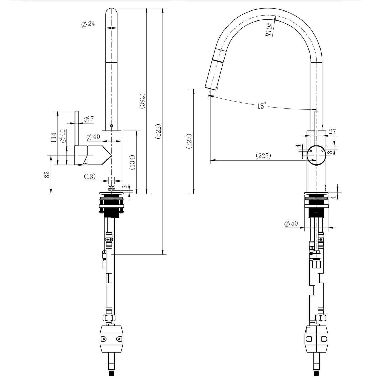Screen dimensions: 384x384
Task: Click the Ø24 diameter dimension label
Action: pos(88,24)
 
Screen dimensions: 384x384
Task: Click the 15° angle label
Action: pos(261,105)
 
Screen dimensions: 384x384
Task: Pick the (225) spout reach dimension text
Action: pos(263,155)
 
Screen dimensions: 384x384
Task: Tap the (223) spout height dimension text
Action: pos(189,141)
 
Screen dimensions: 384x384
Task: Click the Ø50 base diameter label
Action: pos(291,223)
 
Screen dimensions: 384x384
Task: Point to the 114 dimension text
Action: pos(54,137)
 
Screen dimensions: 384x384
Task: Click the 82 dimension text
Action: pos(47,175)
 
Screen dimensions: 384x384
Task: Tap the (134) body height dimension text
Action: pos(132,162)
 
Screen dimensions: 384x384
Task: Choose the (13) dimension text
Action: pos(90,176)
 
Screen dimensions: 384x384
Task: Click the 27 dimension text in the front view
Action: pos(332,131)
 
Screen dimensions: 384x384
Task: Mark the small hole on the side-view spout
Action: pos(111,126)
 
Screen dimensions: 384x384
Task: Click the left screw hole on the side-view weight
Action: pos(104,339)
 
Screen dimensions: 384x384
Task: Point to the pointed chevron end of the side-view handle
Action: pos(111,155)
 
